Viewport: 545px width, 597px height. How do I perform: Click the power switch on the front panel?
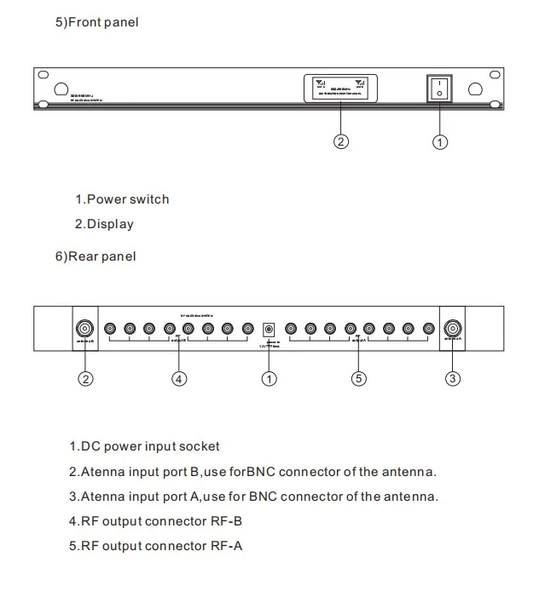coord(439,89)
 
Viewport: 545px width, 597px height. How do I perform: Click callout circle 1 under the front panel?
coord(440,142)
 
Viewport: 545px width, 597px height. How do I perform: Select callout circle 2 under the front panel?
coord(341,142)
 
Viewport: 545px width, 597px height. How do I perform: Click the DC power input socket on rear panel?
coord(270,329)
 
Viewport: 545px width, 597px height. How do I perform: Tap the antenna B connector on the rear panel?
coord(85,328)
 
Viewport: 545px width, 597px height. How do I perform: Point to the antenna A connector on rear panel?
coord(454,328)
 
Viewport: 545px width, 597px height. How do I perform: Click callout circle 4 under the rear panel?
coord(179,379)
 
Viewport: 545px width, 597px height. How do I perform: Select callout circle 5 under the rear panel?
coord(359,379)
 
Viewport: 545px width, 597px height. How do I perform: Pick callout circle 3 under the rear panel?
coord(454,379)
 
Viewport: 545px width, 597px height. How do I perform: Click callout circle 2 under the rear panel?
coord(85,379)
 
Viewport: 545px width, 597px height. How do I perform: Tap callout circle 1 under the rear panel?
coord(270,379)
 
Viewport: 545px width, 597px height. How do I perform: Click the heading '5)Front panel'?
coord(96,22)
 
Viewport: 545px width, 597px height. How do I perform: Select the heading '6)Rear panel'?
coord(96,255)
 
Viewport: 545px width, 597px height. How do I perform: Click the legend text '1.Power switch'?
coord(122,199)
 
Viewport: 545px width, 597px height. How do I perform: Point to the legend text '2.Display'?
coord(104,224)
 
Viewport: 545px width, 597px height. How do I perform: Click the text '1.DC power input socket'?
coord(144,446)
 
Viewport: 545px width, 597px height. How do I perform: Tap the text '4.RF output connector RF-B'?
coord(156,520)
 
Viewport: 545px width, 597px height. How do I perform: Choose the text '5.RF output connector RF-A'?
coord(156,545)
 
